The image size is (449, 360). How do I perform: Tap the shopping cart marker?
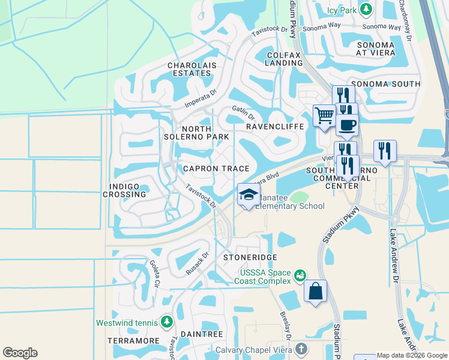coord(324,115)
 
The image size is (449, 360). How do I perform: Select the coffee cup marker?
coord(347,125)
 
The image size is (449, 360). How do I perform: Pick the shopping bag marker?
coord(316,292)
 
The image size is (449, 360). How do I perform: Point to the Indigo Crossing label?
coord(125,190)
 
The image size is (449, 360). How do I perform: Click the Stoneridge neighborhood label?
coord(250,257)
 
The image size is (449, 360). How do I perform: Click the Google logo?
coord(20,353)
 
